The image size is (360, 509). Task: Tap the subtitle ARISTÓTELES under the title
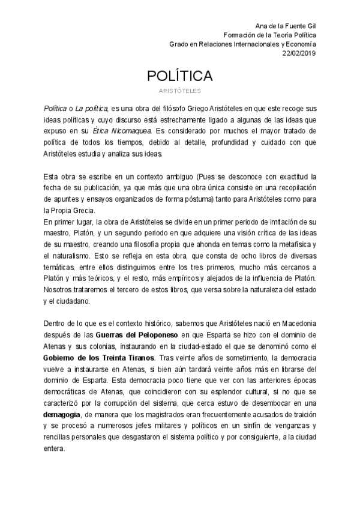tap(179, 91)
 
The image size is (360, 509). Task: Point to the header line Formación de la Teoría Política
tap(269, 35)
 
